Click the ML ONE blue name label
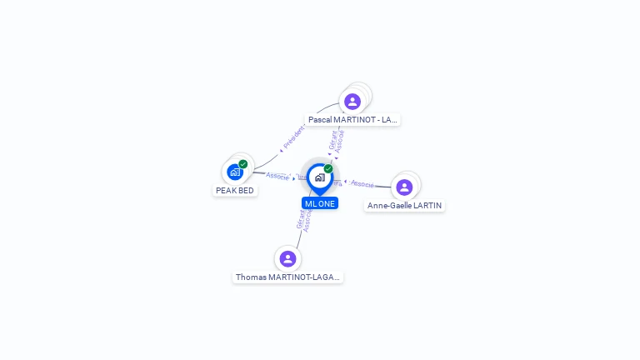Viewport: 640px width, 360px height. coord(320,203)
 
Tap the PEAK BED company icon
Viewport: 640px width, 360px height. coord(235,172)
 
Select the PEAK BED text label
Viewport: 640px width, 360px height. coord(235,190)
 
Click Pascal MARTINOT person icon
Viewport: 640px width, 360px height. coord(352,102)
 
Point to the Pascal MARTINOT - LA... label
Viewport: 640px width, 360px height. coord(352,120)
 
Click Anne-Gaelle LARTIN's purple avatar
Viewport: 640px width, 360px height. coord(404,187)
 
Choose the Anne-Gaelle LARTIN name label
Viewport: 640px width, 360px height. coord(405,206)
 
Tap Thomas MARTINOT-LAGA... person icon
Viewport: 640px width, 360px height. coord(287,258)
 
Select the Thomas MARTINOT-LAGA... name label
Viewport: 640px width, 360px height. coord(287,277)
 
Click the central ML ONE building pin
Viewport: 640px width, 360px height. coord(319,177)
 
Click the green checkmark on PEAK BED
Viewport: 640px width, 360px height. coord(243,164)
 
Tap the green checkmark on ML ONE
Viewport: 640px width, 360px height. coord(328,169)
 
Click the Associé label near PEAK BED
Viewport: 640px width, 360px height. coord(277,176)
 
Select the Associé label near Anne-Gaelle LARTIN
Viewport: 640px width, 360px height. coord(362,183)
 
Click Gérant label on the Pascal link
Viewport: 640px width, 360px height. coord(332,139)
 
